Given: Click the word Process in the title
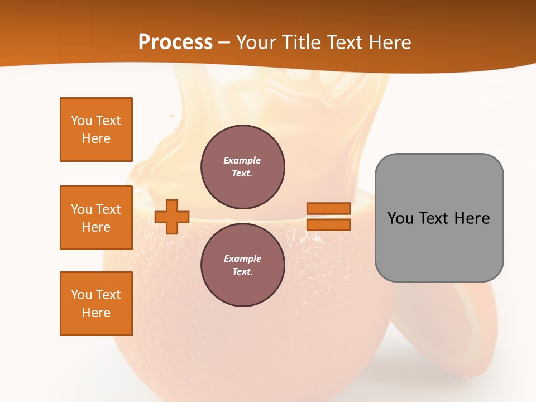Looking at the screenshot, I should coord(175,42).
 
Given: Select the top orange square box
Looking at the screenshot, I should coord(96,130).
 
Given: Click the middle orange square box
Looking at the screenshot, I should coord(96,218).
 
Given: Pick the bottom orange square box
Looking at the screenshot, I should coord(96,304).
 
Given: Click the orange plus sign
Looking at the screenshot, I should coord(172,217).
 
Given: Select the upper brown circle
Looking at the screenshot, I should coord(242,167).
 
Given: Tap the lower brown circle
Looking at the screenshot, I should coord(242,265).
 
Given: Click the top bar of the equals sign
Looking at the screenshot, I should coord(328,208).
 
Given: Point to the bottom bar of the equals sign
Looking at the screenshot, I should coord(328,225).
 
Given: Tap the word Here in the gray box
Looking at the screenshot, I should coord(472,218).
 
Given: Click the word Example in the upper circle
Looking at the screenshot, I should coord(242,160).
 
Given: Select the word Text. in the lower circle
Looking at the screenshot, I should coord(242,272).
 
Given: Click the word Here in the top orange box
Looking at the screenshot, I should coord(96,138).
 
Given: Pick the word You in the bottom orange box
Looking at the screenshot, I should coord(82,295).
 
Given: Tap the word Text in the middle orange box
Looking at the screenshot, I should coord(108,209).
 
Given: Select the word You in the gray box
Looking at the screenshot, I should coord(400,218).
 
